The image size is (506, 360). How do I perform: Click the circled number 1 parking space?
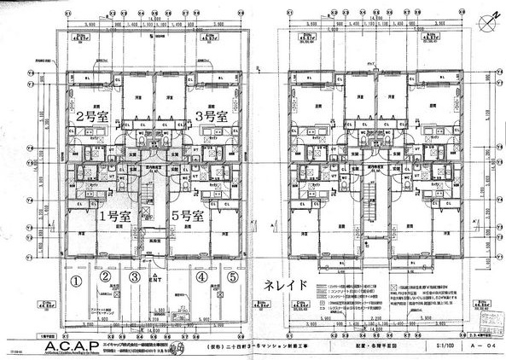[75, 278]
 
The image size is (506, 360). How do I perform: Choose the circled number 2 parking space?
[104, 278]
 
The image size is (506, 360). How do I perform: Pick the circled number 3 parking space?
[134, 278]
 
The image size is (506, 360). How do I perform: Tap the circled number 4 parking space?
[201, 278]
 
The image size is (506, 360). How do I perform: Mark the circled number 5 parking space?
[231, 278]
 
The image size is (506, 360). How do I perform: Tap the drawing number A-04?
[480, 346]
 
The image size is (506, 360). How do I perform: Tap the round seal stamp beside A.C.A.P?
[177, 345]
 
